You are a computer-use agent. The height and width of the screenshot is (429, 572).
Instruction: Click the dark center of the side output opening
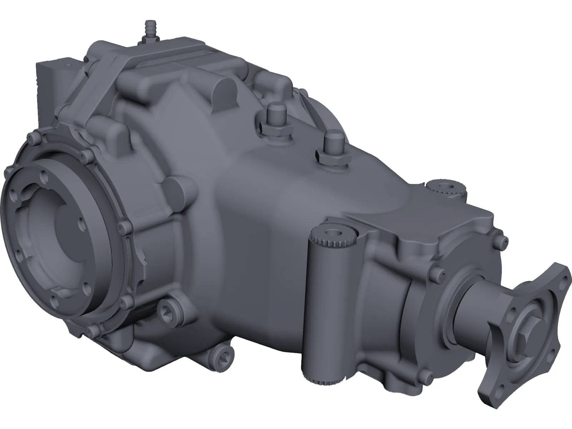pos(66,229)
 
